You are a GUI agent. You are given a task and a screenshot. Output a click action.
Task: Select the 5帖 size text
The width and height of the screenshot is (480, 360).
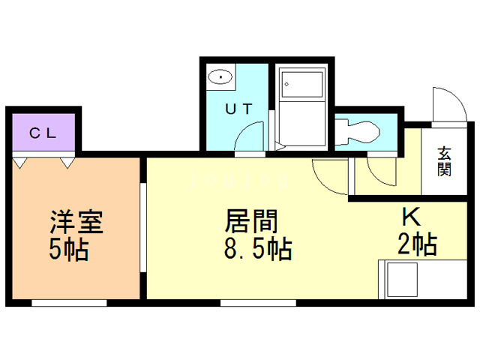click(69, 250)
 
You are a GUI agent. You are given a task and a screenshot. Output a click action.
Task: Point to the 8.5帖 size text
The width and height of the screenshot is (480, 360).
click(258, 249)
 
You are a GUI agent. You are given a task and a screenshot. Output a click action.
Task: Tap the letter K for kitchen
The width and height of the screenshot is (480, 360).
click(410, 217)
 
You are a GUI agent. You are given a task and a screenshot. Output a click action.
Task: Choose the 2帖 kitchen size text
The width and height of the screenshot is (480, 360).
click(417, 244)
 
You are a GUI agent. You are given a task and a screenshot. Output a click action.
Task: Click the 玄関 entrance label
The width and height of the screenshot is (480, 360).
click(445, 160)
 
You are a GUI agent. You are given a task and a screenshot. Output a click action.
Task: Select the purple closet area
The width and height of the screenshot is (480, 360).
click(43, 132)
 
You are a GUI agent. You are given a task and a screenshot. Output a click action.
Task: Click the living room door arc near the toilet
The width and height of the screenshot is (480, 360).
click(327, 177)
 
